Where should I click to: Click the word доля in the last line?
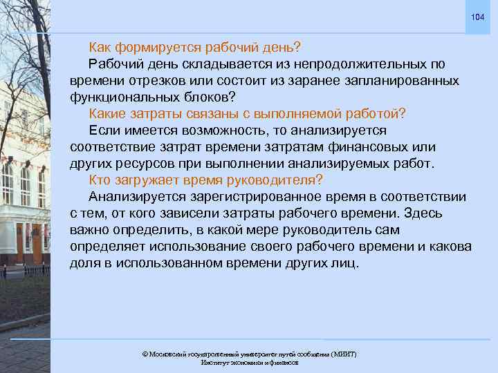84,263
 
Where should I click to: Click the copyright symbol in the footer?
145,354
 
